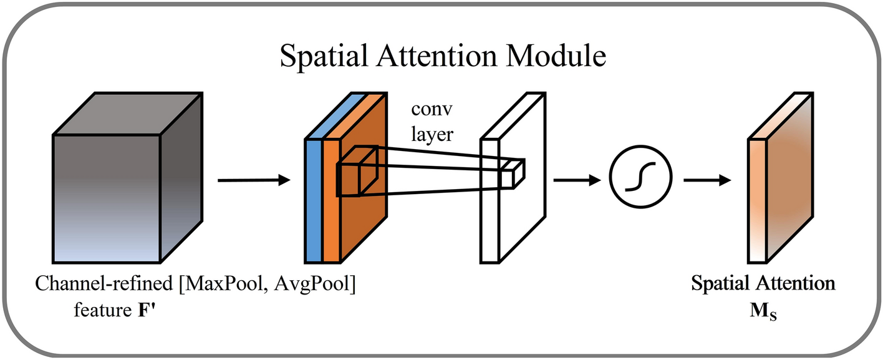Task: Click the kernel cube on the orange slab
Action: click(357, 172)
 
